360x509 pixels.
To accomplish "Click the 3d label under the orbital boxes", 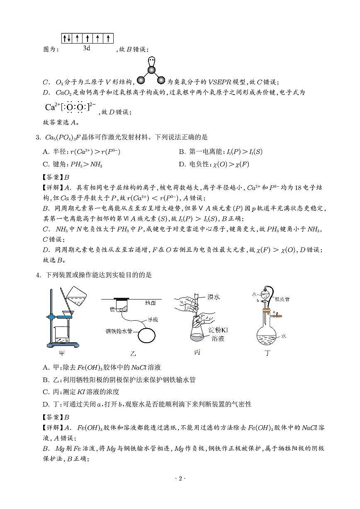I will (x=87, y=48).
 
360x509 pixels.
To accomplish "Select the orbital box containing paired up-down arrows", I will (x=67, y=39).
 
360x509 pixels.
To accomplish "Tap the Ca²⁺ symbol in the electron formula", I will (x=52, y=107).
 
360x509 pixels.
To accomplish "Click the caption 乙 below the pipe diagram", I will (x=133, y=353).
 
